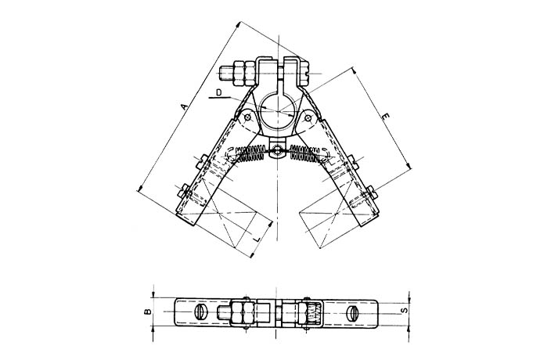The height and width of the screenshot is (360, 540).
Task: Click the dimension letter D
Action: pos(220,93)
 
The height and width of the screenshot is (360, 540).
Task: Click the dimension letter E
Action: pos(384,117)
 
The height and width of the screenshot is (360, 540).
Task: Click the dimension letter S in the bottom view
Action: pos(404,311)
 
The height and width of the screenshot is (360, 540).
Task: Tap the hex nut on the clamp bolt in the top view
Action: pos(243,73)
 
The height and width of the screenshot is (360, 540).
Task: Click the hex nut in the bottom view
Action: pos(239,314)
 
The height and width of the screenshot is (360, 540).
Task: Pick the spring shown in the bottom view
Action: pos(312,314)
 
